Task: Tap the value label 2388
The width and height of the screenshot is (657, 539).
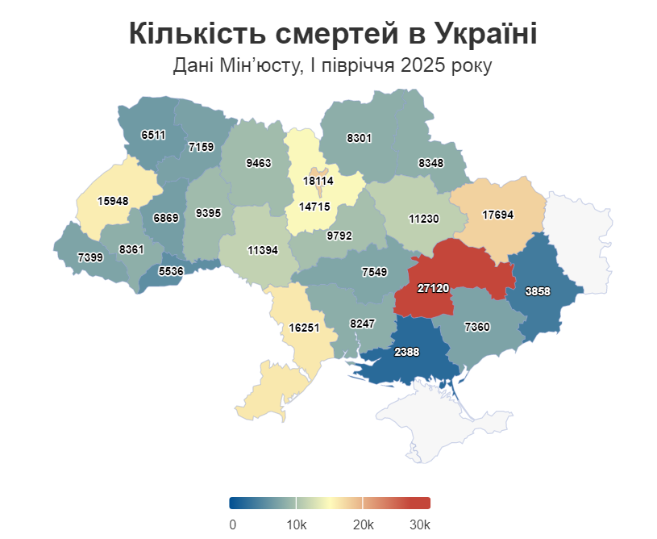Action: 406,352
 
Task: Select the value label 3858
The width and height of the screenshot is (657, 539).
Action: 538,292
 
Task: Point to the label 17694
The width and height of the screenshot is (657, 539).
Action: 498,215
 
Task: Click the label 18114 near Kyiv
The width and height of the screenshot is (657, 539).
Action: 318,182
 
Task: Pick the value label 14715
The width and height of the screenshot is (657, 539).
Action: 314,207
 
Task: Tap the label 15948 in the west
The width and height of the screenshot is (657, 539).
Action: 113,201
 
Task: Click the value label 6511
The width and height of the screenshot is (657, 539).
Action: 152,135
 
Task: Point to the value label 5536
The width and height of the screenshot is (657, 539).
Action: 171,271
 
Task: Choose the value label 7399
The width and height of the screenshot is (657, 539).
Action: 90,257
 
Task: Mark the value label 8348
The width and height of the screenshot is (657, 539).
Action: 430,163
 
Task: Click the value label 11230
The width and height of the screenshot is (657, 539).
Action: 423,219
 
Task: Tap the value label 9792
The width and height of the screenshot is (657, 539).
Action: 340,237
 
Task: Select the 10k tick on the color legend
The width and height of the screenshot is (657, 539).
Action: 296,525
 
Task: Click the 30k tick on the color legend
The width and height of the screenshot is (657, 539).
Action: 419,525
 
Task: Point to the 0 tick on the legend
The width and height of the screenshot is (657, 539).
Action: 233,525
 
